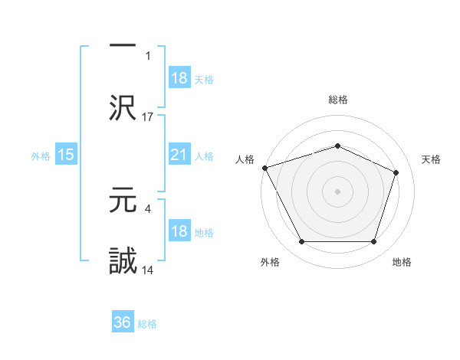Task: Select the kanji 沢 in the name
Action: (123, 107)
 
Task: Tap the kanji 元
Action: (123, 201)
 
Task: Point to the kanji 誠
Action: (123, 260)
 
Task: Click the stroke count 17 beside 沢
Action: (148, 116)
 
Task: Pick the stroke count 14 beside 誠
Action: (148, 270)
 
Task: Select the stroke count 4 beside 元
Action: (146, 208)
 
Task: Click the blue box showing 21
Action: (179, 155)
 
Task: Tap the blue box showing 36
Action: (123, 322)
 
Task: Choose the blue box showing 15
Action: (66, 155)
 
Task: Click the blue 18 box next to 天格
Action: (179, 78)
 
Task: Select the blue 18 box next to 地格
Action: (179, 231)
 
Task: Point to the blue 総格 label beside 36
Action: (147, 324)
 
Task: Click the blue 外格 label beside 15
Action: (41, 155)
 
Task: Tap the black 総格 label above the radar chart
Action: (337, 100)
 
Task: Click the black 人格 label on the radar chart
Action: (245, 159)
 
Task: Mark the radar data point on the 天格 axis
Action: (396, 172)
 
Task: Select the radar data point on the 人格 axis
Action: (264, 168)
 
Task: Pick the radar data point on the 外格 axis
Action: (301, 242)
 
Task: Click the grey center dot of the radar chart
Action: (337, 191)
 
